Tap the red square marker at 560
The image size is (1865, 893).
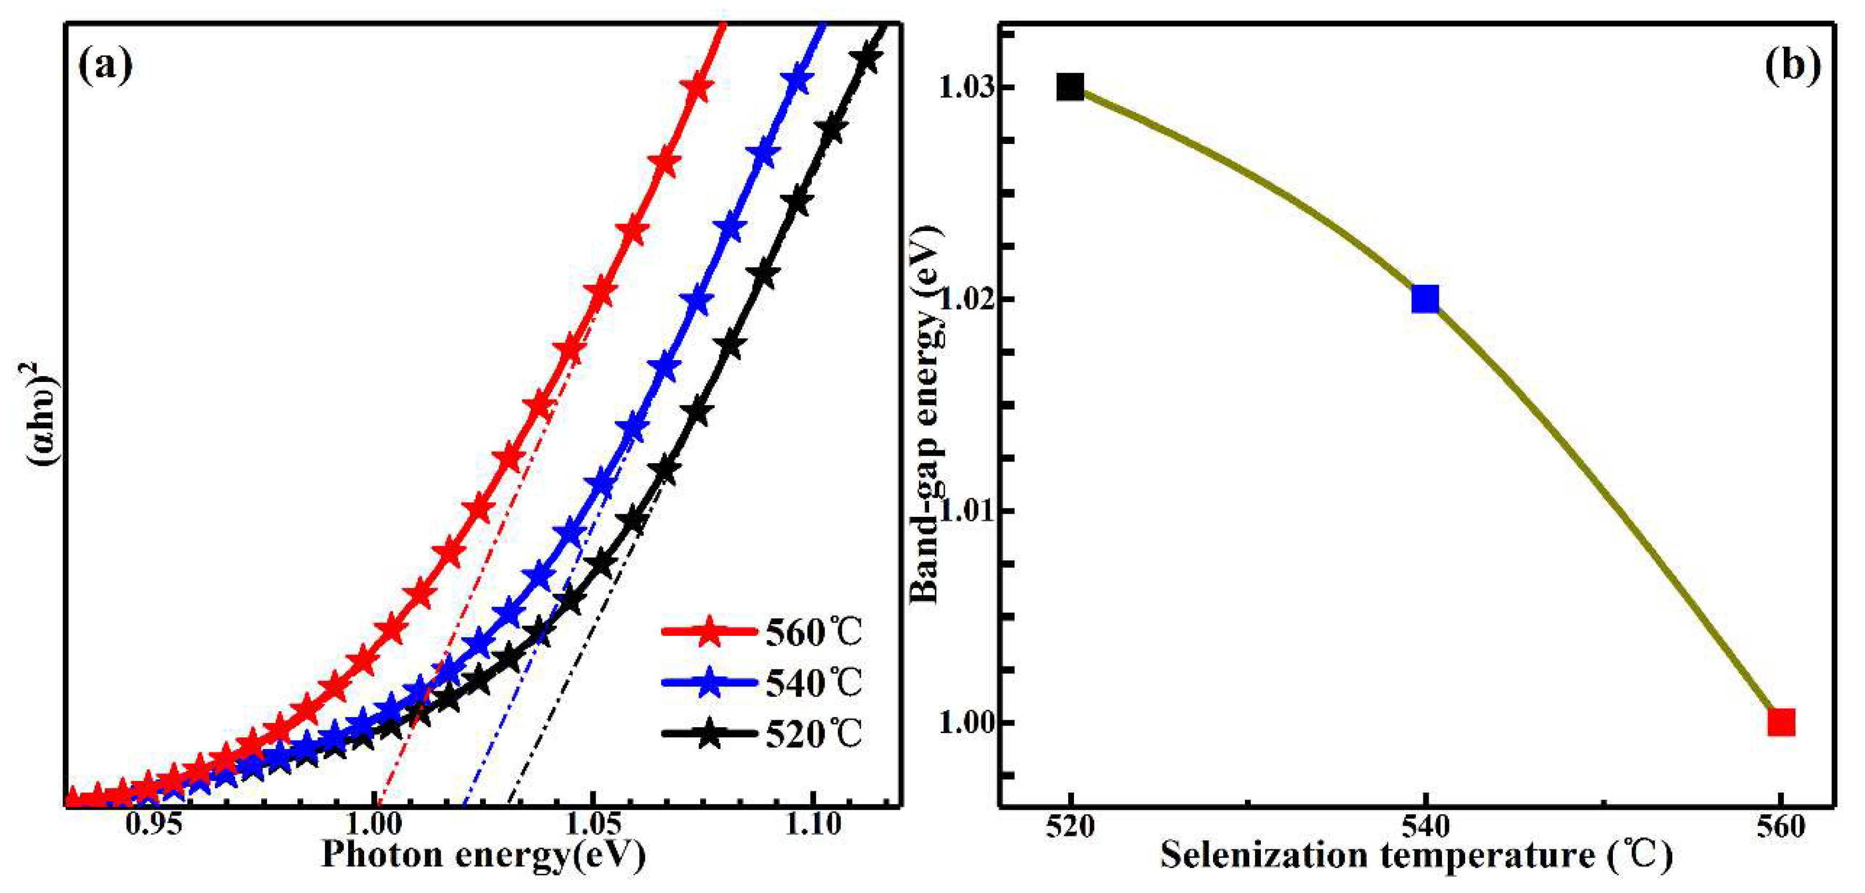[1781, 722]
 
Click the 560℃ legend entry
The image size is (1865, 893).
[762, 632]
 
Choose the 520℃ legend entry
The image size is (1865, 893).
[762, 734]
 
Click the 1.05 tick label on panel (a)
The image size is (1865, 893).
[594, 826]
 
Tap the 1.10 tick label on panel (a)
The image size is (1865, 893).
[814, 826]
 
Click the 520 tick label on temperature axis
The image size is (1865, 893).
[1069, 827]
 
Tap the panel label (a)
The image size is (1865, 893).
[106, 66]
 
